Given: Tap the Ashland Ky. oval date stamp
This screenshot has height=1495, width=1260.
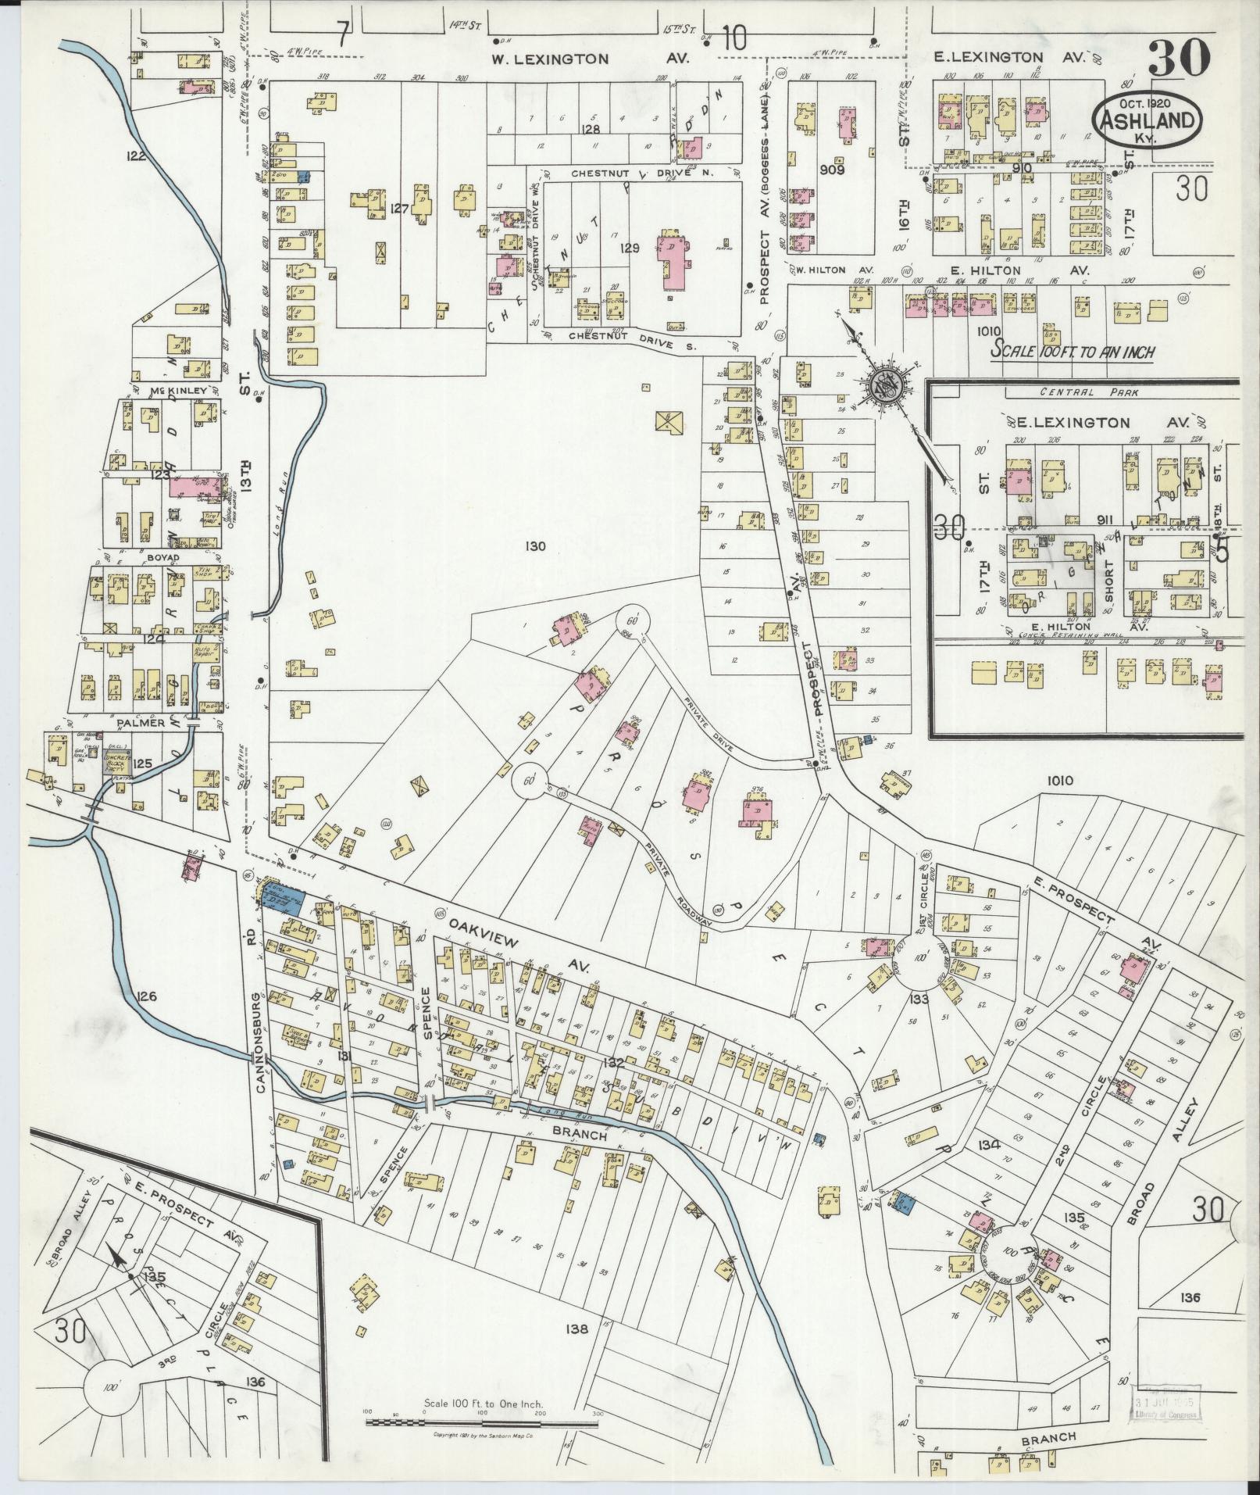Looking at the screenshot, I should click(1147, 120).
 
